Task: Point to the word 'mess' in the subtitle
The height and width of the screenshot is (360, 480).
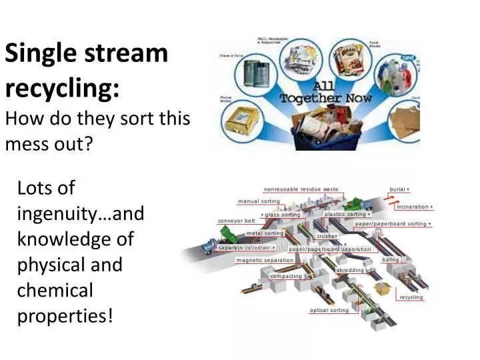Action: (25, 142)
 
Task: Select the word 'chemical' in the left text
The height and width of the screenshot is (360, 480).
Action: (55, 290)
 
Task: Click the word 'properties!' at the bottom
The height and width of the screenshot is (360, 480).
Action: (65, 315)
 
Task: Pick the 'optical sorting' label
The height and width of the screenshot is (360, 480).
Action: (329, 311)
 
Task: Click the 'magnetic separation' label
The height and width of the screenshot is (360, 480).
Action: (265, 260)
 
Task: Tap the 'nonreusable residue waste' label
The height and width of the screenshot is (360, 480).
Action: (301, 189)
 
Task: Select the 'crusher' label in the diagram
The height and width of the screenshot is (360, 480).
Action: (327, 236)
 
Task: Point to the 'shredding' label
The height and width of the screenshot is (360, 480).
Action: (350, 270)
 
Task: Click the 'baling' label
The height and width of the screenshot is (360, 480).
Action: (390, 259)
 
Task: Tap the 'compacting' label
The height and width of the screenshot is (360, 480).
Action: (285, 276)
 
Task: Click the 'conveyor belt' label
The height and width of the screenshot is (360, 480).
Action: (237, 221)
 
